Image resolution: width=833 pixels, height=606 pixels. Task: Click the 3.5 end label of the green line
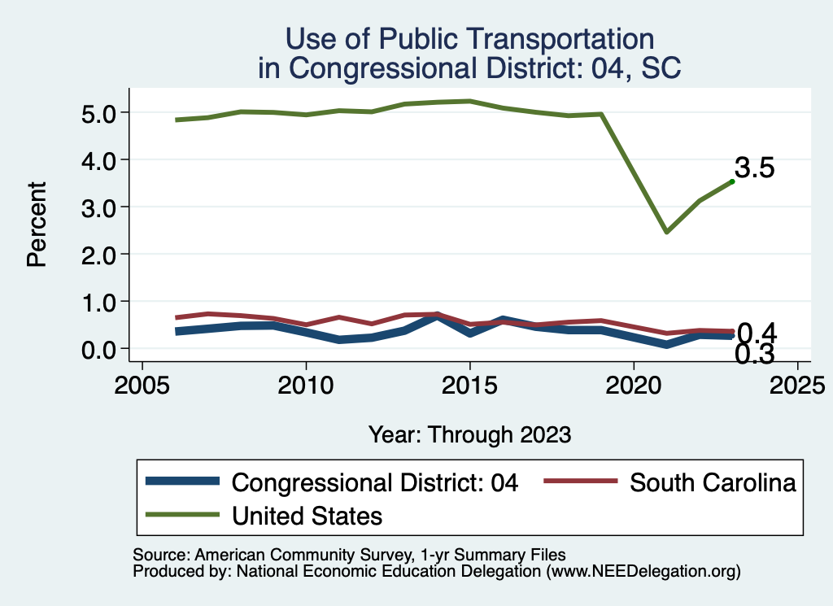pyautogui.click(x=754, y=168)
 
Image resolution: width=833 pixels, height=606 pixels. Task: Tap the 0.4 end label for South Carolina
pyautogui.click(x=756, y=334)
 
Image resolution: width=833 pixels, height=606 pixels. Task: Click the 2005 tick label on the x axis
pyautogui.click(x=142, y=383)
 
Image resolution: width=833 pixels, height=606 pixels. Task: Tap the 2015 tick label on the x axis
pyautogui.click(x=469, y=383)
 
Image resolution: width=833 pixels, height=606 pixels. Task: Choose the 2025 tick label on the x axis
pyautogui.click(x=797, y=383)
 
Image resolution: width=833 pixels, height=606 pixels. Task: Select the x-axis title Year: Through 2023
pyautogui.click(x=469, y=434)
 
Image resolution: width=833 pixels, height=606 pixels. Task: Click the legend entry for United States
pyautogui.click(x=307, y=515)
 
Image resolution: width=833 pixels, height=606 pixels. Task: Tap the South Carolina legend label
pyautogui.click(x=713, y=482)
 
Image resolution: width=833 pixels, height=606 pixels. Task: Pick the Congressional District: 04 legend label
pyautogui.click(x=375, y=482)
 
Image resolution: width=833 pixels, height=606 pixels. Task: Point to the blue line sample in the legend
pyautogui.click(x=182, y=482)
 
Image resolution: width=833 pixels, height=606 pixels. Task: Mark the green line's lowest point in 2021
pyautogui.click(x=666, y=232)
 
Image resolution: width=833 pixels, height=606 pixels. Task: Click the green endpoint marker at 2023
pyautogui.click(x=732, y=181)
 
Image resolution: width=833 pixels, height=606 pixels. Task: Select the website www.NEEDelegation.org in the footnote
pyautogui.click(x=643, y=572)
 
